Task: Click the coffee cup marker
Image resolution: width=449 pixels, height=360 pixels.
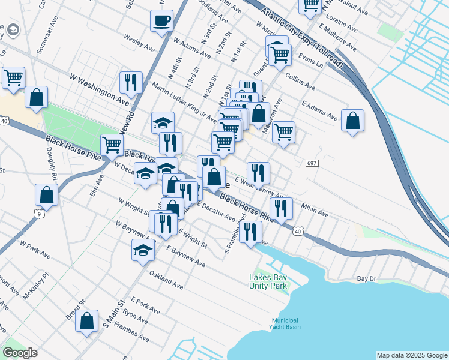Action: (161, 20)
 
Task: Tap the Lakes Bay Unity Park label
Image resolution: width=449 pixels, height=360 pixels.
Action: (268, 281)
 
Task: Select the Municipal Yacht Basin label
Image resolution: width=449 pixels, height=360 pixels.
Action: (285, 324)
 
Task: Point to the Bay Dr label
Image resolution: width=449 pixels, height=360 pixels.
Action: (366, 279)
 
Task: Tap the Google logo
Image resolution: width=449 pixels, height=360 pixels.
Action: (20, 353)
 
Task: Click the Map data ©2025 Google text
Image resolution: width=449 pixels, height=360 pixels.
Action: (412, 355)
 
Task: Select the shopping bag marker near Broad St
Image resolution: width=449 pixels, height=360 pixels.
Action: (87, 321)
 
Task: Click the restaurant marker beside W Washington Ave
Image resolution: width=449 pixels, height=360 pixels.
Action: (130, 82)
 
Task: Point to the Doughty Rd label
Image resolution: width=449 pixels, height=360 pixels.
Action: (52, 169)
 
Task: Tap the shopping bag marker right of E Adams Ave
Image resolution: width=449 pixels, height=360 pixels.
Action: (353, 120)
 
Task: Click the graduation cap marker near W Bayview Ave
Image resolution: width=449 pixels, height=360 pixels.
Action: (143, 250)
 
